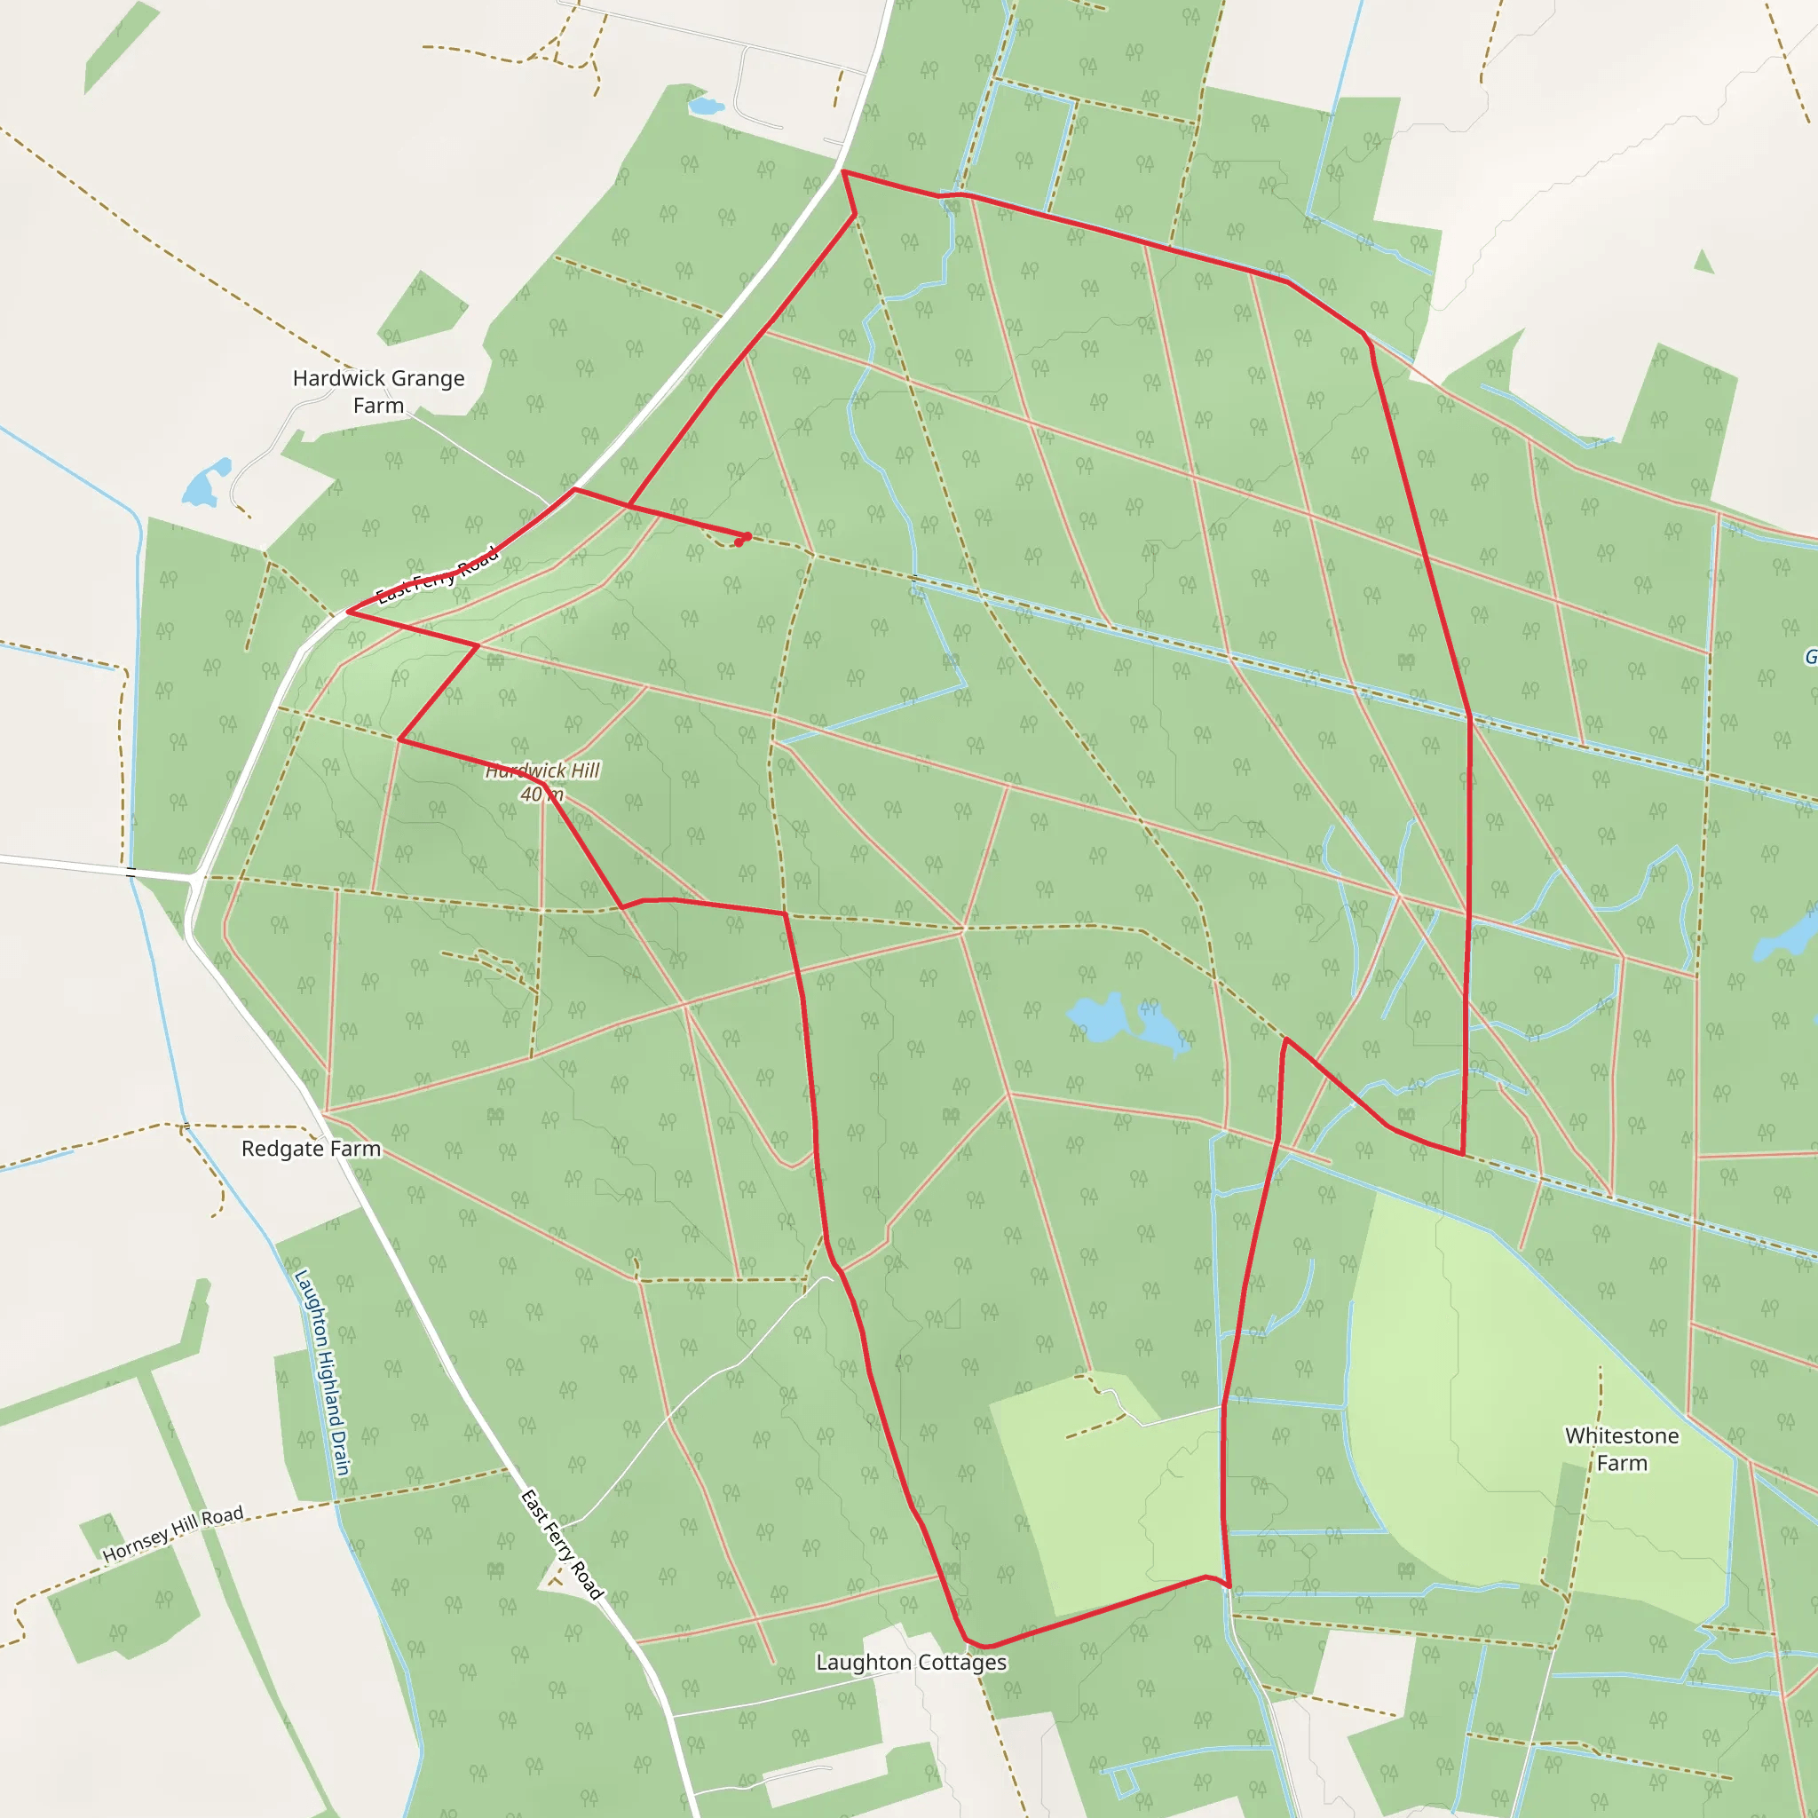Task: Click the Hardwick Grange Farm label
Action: tap(378, 391)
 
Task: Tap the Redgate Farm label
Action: tap(311, 1149)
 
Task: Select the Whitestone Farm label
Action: tap(1621, 1449)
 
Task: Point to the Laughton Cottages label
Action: tap(911, 1663)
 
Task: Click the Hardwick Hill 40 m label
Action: tap(542, 782)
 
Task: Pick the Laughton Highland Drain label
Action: tap(323, 1373)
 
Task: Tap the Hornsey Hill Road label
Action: tap(173, 1533)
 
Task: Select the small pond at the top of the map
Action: tap(705, 106)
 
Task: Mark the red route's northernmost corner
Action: tap(844, 172)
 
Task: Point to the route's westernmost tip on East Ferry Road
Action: tap(349, 612)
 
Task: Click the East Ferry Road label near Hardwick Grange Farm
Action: tap(438, 575)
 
